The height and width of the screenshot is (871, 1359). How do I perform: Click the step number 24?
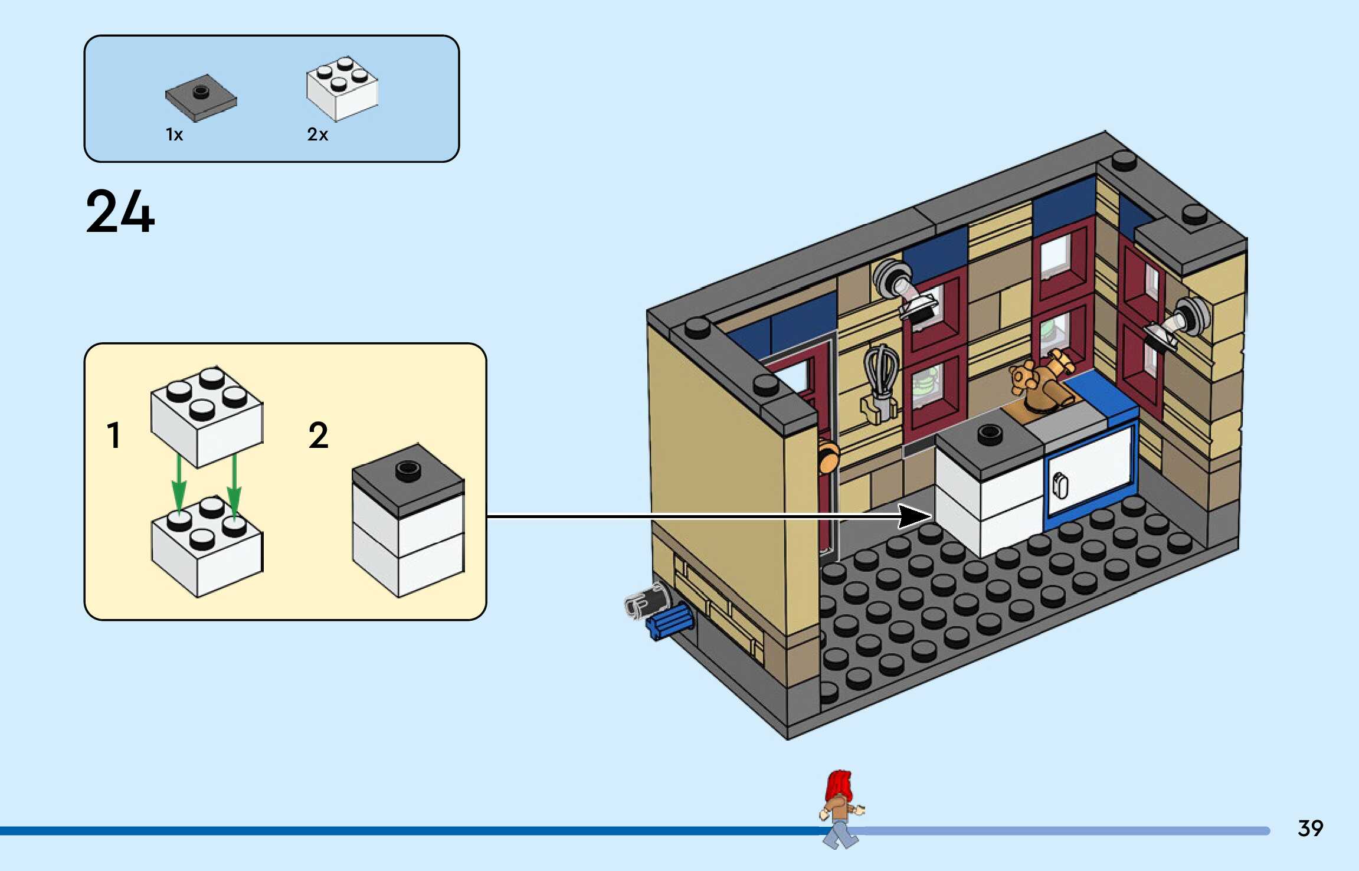[120, 211]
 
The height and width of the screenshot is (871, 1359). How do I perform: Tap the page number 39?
[1310, 829]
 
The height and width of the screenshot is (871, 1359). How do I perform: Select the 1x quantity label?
[174, 135]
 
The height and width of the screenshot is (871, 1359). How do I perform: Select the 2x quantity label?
[317, 135]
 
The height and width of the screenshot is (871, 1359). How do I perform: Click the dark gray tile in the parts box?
[201, 98]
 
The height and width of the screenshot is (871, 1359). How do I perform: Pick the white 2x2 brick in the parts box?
[342, 89]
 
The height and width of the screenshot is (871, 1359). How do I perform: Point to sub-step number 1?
[114, 435]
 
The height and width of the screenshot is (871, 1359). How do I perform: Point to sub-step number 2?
[318, 435]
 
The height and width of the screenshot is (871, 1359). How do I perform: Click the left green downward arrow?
[178, 482]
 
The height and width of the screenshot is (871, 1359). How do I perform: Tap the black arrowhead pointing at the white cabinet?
[915, 516]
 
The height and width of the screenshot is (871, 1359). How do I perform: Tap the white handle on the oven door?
[1060, 486]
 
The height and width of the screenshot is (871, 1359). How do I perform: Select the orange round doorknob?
[829, 456]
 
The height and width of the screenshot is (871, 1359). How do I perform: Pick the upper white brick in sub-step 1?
[207, 417]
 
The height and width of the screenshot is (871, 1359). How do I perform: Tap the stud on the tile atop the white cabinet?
[990, 435]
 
